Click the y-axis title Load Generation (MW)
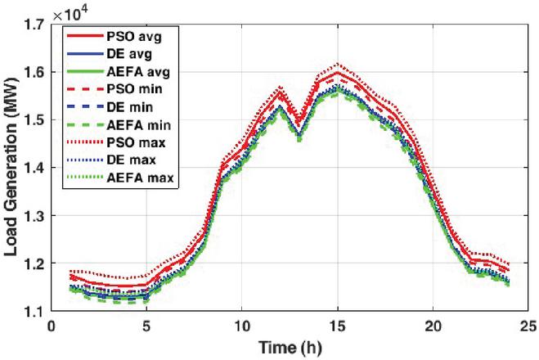click(14, 168)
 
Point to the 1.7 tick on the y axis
click(37, 25)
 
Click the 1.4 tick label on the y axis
click(37, 169)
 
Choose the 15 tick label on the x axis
click(337, 326)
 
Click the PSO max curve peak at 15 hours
click(337, 63)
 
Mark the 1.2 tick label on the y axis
click(37, 263)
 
